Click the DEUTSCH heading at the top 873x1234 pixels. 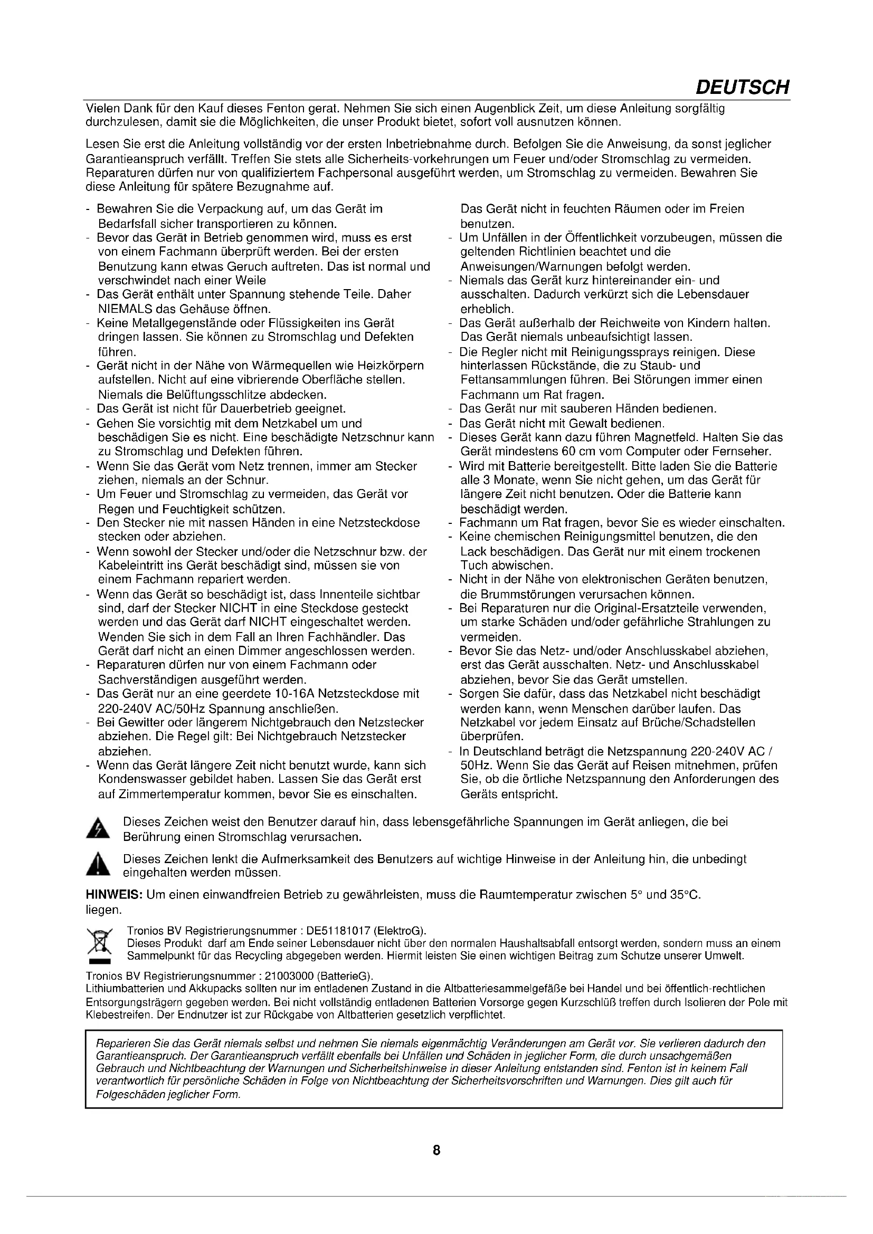(743, 87)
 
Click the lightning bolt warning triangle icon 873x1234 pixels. (98, 829)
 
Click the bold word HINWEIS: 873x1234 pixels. (114, 895)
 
